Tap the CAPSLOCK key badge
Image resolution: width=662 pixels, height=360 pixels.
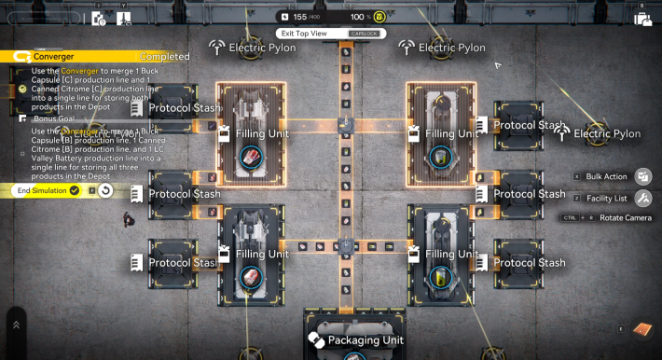pos(364,34)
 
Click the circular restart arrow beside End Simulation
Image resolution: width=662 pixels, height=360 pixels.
pos(105,190)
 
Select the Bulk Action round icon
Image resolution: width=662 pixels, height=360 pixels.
pos(642,176)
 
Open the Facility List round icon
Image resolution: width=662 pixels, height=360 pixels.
pos(642,198)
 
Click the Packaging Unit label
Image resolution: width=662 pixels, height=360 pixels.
pos(365,340)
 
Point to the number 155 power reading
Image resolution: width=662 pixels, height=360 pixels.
pos(299,17)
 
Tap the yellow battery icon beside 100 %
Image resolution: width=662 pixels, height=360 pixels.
pos(379,17)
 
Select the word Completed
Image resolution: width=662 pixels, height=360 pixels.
pos(164,57)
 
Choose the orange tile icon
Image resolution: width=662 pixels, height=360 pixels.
pos(641,330)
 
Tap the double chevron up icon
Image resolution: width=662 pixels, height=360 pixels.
pos(16,325)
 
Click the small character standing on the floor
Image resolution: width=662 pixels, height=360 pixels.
pos(127,220)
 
